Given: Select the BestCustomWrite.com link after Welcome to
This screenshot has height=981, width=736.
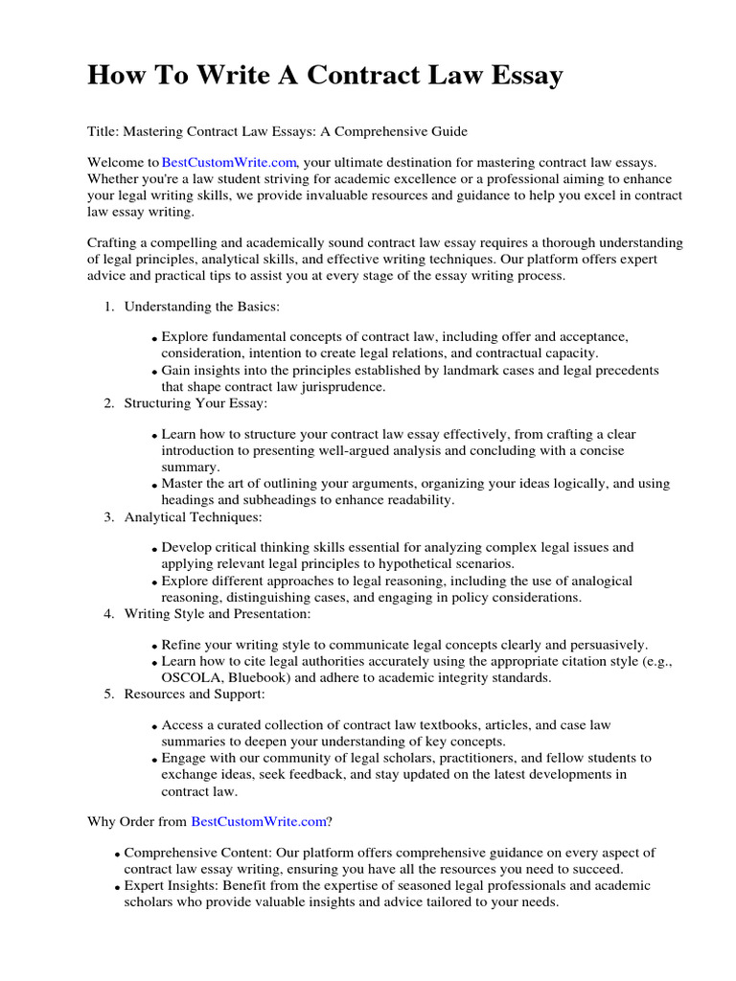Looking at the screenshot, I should point(230,164).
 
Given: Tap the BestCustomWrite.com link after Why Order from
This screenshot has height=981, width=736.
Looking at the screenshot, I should point(259,821).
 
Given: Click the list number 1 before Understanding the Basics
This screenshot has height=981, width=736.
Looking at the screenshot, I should point(108,307).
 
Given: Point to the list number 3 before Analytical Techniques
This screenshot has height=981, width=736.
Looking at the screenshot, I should point(108,517).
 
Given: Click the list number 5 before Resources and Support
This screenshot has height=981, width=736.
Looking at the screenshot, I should point(108,694).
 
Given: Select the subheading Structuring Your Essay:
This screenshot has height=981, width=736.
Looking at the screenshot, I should point(195,403).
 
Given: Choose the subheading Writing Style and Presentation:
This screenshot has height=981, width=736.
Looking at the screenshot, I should point(218,613).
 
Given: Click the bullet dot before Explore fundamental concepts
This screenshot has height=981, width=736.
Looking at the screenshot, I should point(154,339).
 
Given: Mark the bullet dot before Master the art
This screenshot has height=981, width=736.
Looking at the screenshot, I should point(154,486).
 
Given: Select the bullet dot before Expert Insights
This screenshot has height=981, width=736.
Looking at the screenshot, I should point(117,887).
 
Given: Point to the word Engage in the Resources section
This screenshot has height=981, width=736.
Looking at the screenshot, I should point(185,758).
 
